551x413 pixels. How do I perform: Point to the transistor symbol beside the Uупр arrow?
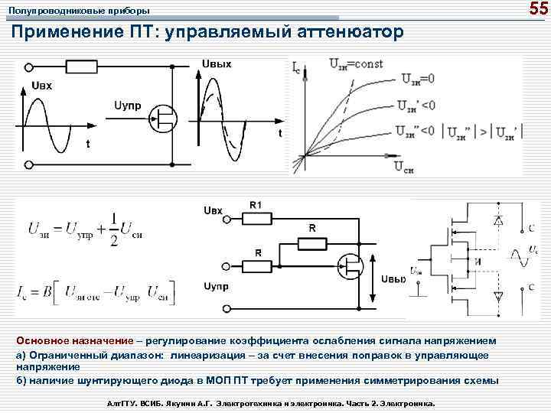pyautogui.click(x=164, y=116)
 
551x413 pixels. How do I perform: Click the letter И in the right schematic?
pyautogui.click(x=478, y=263)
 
